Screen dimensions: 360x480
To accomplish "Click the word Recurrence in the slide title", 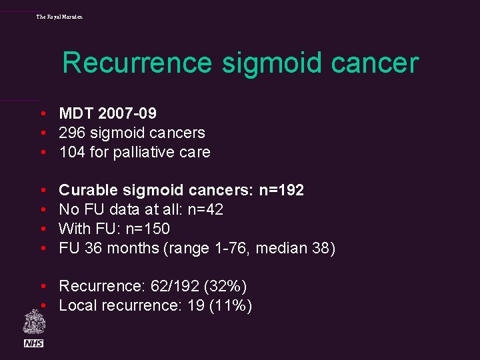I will click(137, 63).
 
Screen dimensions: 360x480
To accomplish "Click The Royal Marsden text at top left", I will click(59, 16).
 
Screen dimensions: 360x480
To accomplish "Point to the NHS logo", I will click(34, 343).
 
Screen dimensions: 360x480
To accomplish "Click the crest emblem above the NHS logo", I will click(34, 322).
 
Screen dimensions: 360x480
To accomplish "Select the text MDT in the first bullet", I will click(75, 114).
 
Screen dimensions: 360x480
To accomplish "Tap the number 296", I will click(72, 133).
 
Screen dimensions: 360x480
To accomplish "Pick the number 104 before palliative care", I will click(72, 153).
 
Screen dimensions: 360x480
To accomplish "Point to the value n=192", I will click(281, 191).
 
